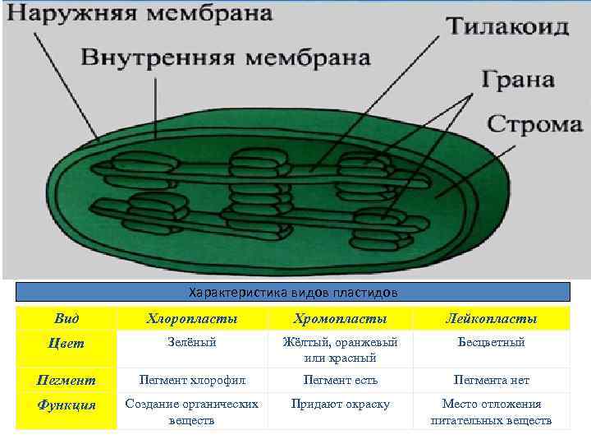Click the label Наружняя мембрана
click(x=140, y=15)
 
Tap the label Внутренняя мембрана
click(x=226, y=58)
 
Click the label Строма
click(x=535, y=125)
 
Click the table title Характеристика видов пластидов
click(x=293, y=293)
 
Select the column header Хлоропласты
click(x=192, y=318)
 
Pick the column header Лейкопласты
click(x=491, y=318)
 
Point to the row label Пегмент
click(x=66, y=381)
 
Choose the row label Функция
click(x=66, y=405)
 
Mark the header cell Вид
click(x=66, y=318)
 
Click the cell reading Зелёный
click(x=192, y=342)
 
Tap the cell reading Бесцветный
click(x=491, y=342)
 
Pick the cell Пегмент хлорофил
click(x=192, y=381)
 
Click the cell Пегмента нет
click(x=491, y=381)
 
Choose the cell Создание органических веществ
click(x=192, y=412)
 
